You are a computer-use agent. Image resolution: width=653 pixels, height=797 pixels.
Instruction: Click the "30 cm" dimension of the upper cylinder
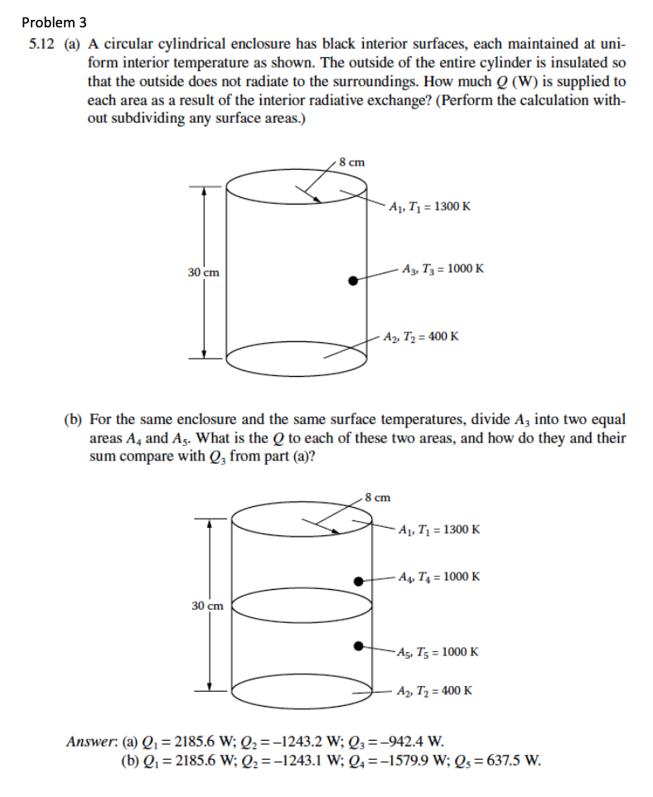(203, 273)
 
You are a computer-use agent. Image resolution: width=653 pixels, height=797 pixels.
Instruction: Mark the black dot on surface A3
(353, 281)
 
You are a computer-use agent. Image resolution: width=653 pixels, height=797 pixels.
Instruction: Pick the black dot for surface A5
(359, 645)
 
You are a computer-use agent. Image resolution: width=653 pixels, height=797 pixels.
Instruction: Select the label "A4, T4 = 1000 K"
(438, 577)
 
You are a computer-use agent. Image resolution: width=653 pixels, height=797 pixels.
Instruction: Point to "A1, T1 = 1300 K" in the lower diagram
(438, 529)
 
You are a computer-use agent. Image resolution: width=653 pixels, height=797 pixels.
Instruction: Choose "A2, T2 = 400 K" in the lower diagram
(434, 690)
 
